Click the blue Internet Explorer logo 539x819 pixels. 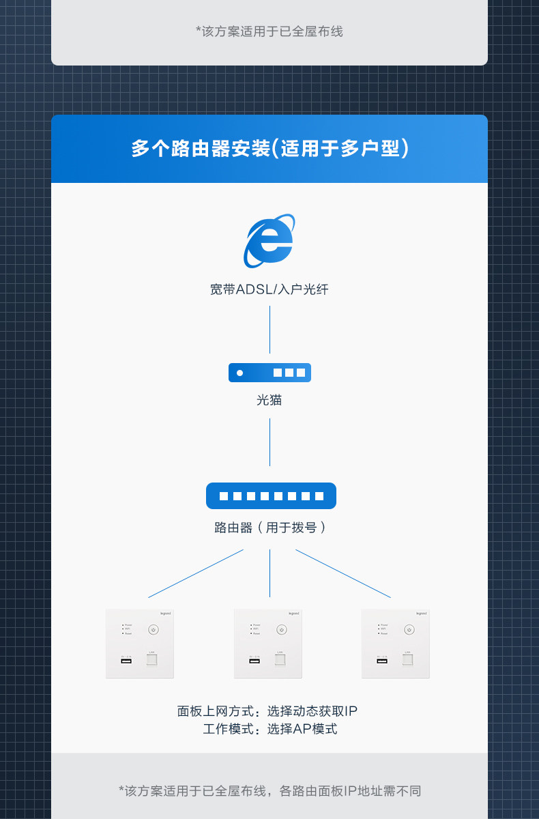[269, 241]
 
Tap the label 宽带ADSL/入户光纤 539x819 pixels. [269, 289]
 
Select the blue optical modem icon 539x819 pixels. [269, 373]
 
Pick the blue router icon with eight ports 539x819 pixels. [271, 495]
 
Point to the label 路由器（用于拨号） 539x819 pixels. [269, 528]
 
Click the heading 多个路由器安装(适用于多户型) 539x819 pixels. [269, 149]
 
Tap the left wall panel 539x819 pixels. [140, 644]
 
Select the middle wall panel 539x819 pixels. [268, 644]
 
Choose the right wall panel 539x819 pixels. [396, 644]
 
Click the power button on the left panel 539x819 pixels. [153, 629]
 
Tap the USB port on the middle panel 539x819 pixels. [254, 661]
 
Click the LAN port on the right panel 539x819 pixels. [407, 660]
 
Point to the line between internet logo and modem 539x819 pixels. [269, 330]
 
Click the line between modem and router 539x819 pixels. [269, 442]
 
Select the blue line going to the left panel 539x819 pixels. [196, 573]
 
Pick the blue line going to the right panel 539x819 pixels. [343, 573]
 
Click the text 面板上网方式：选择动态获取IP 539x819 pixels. [267, 711]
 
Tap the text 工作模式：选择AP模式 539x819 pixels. [270, 729]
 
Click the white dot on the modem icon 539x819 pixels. [239, 373]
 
